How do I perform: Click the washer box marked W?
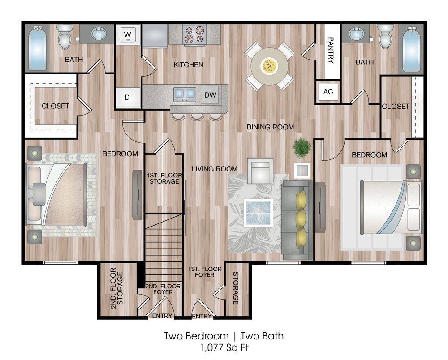pos(128,34)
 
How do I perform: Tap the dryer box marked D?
pos(128,97)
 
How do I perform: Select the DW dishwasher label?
pos(210,95)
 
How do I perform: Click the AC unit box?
pos(328,92)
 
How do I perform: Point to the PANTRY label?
pos(331,50)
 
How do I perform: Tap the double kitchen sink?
pos(185,94)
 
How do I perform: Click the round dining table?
pos(269,66)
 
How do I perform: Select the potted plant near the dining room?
pos(302,148)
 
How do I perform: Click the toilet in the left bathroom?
pos(65,37)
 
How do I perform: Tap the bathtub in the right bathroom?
pos(411,48)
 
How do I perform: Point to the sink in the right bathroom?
pos(356,34)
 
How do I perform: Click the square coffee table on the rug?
pos(258,213)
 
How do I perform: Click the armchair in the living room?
pos(260,171)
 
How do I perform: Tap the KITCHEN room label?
pos(188,65)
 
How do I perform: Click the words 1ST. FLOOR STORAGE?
pos(164,178)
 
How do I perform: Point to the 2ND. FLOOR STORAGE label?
pos(116,288)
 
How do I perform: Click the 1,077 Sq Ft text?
pos(224,348)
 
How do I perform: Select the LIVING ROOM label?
pos(215,169)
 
